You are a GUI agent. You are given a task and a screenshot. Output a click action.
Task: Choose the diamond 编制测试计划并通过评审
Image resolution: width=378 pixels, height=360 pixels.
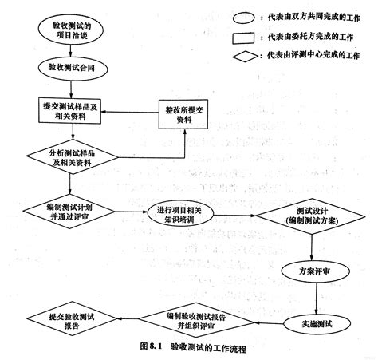[x=72, y=212]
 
